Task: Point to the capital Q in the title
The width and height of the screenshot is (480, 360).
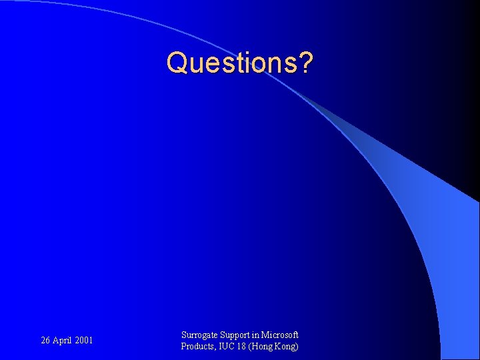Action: click(x=178, y=63)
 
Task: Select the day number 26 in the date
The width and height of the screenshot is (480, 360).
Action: click(x=46, y=341)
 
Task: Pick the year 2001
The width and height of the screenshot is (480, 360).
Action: click(x=84, y=341)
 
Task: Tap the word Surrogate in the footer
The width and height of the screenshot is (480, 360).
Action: click(x=199, y=335)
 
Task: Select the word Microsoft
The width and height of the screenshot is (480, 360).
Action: click(x=281, y=335)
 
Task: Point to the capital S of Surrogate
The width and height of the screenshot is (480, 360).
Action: click(x=184, y=335)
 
